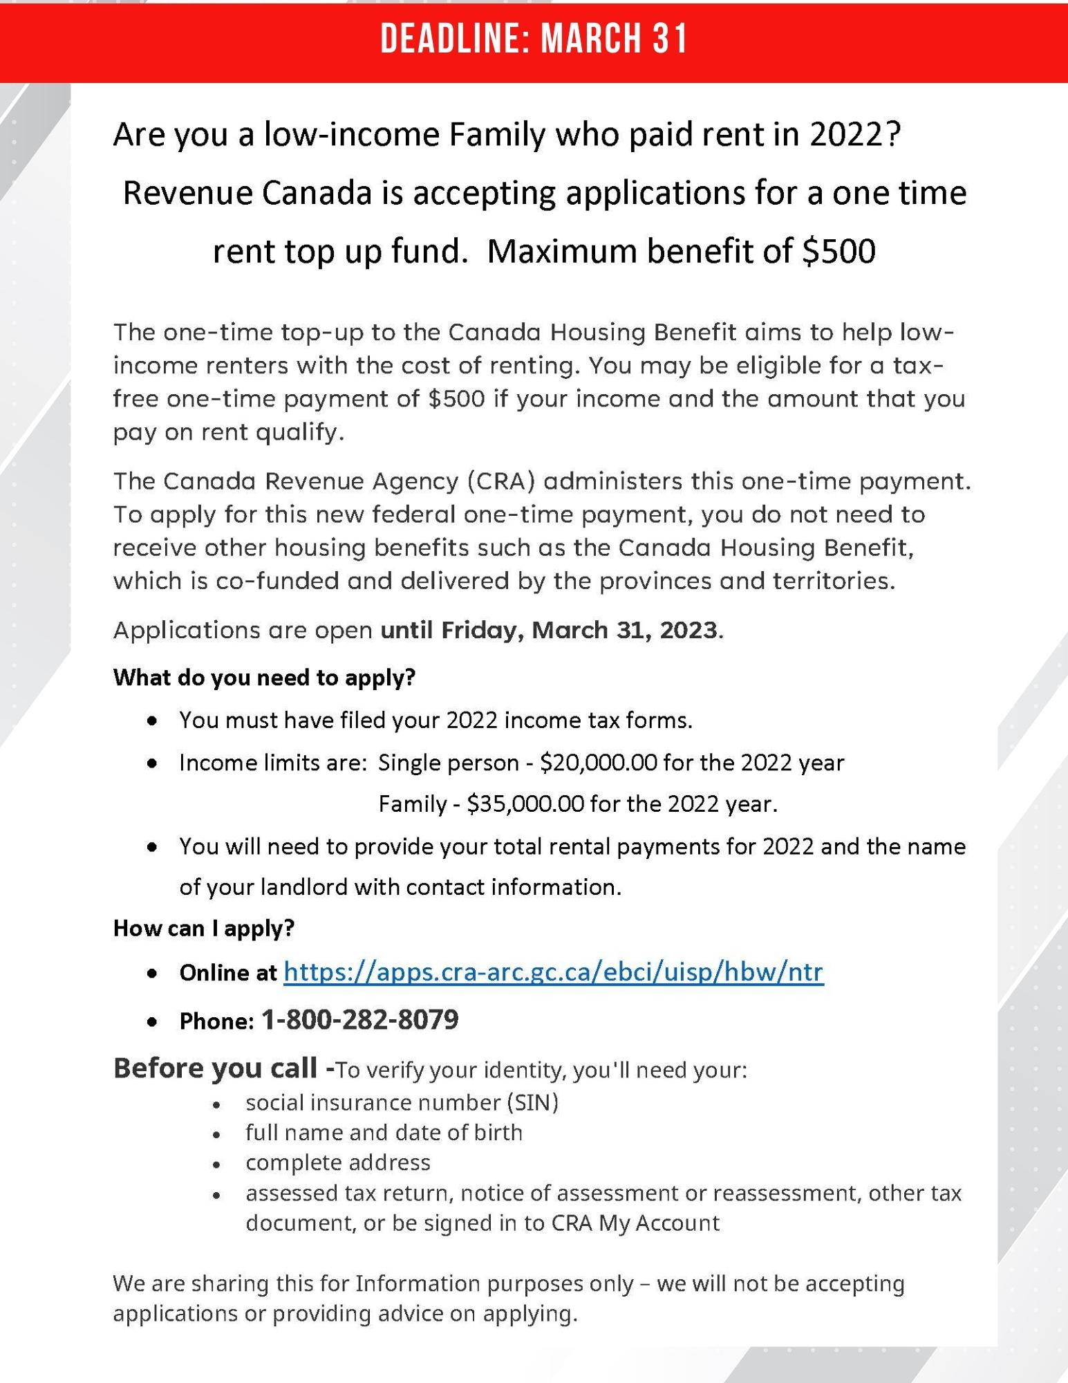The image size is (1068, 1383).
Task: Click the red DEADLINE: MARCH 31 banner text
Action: coord(534,39)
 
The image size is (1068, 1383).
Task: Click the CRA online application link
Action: coord(553,972)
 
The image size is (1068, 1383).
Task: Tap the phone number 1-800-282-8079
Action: coord(359,1020)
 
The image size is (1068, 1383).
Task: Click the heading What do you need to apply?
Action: coord(264,678)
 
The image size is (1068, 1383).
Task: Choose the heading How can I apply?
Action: coord(204,928)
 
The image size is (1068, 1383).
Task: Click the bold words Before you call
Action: coord(215,1068)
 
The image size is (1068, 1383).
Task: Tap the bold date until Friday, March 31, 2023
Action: coord(549,631)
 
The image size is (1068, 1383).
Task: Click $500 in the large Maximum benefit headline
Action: coord(839,251)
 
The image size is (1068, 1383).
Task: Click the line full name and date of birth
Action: coord(384,1133)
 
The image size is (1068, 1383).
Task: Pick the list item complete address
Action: coord(338,1163)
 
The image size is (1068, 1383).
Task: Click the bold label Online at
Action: coord(227,973)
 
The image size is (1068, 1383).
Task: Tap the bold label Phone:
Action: coord(216,1021)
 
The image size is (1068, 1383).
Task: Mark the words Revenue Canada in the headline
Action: coord(247,193)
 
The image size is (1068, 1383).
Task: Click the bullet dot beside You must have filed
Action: coord(152,721)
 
